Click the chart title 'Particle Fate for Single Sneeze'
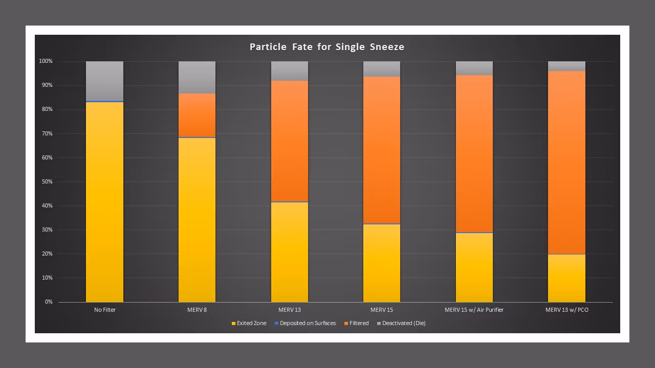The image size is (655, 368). tap(327, 47)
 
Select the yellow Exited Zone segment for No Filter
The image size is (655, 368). tap(104, 202)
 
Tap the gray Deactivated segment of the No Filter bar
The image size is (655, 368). tap(104, 81)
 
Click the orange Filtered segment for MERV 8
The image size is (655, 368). tap(197, 115)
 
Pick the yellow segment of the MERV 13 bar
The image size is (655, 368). tap(290, 252)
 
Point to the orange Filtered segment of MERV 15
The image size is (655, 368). tap(382, 150)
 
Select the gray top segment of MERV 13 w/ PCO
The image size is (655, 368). tap(566, 66)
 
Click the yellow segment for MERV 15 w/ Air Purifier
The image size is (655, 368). tap(474, 267)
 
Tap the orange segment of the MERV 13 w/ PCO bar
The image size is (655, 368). tap(566, 163)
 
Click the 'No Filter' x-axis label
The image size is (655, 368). tap(105, 310)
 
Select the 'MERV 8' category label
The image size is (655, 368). tap(197, 310)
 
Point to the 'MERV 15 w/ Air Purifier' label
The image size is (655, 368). tap(474, 310)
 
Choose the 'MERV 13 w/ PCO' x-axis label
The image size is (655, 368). tap(566, 310)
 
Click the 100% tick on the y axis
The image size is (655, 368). tap(46, 61)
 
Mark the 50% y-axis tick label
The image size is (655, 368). tap(47, 181)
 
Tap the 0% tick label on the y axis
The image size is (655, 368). tap(49, 302)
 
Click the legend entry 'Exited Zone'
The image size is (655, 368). tap(249, 324)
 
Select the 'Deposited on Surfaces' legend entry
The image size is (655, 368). tap(305, 324)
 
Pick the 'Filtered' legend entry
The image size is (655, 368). tap(357, 324)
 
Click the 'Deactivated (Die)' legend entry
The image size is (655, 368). tap(401, 324)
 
